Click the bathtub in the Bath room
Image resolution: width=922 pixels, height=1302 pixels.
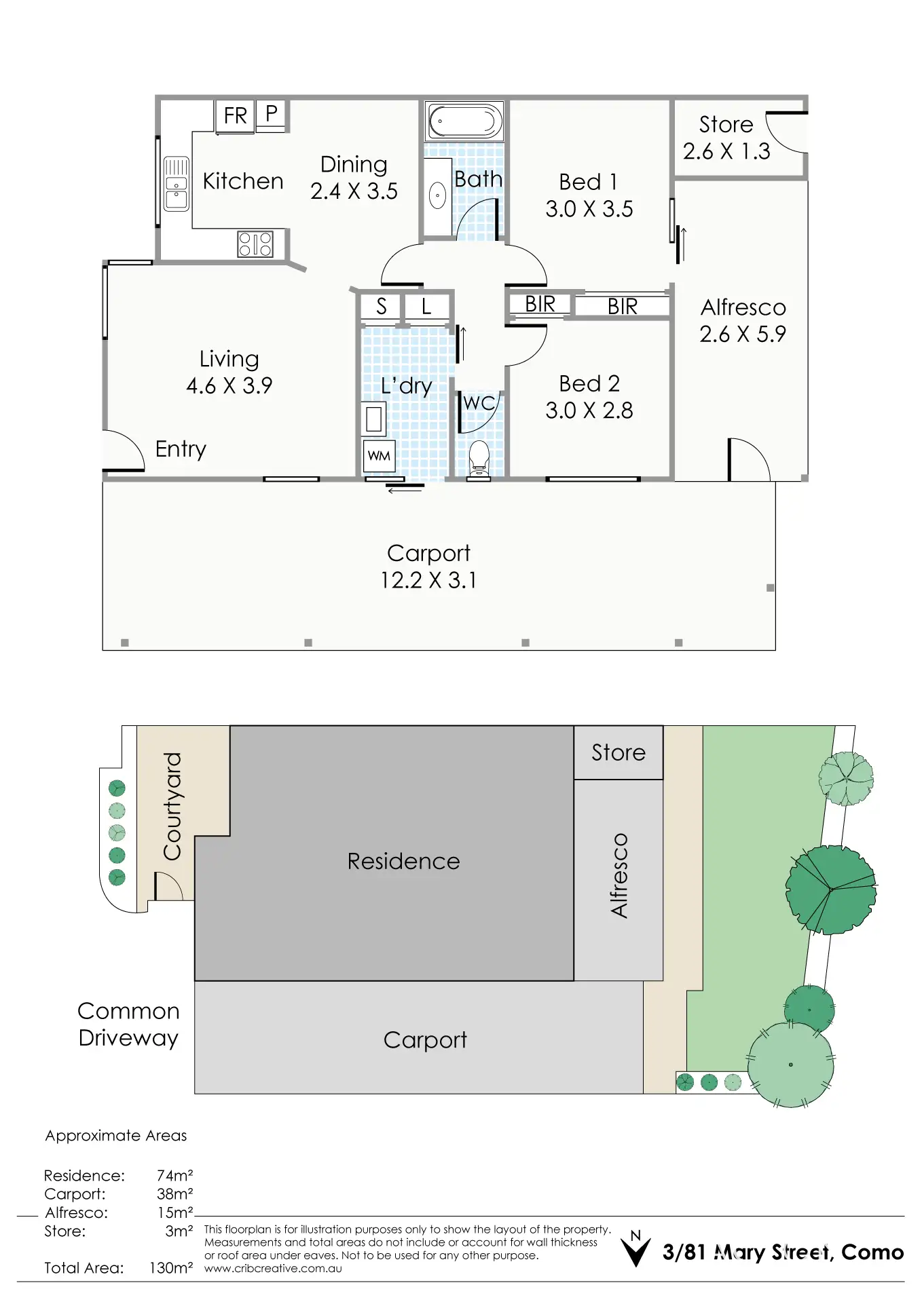click(x=464, y=121)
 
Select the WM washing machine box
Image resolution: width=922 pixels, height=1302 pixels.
click(x=379, y=456)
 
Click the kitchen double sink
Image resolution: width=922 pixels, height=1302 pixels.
click(x=177, y=184)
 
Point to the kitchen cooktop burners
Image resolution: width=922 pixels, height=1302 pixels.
click(x=255, y=244)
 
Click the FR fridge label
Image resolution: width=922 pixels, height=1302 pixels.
click(x=236, y=116)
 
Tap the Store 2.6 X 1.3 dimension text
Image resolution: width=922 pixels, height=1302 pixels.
click(x=726, y=151)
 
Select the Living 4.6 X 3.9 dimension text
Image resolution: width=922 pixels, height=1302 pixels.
click(x=229, y=385)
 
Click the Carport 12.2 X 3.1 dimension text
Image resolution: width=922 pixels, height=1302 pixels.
click(x=428, y=580)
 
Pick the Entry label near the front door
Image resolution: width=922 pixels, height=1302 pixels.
click(x=181, y=449)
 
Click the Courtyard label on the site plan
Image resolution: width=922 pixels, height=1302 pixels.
click(x=172, y=805)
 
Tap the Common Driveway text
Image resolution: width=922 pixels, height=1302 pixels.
click(x=128, y=1025)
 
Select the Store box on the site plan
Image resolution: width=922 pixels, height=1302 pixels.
click(x=618, y=752)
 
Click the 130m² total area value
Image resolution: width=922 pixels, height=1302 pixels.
click(x=171, y=1267)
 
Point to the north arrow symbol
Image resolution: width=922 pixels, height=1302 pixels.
click(x=636, y=1250)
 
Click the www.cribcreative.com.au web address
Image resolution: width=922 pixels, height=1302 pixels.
click(x=273, y=1268)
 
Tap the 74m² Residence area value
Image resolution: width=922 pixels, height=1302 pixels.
click(x=174, y=1175)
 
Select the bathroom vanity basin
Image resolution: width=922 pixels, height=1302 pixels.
click(x=438, y=197)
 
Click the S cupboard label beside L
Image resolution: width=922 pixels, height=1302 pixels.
click(x=382, y=307)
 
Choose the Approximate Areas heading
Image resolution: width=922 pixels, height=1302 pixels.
click(x=116, y=1136)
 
